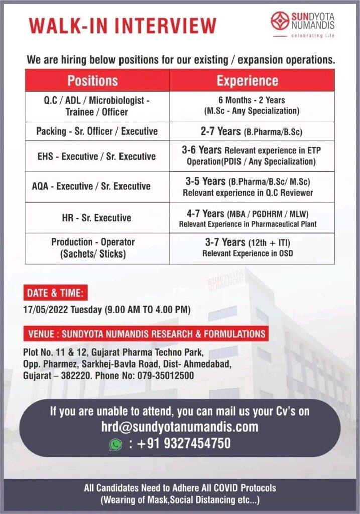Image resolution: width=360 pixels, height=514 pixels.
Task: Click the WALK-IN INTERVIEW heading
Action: point(123,26)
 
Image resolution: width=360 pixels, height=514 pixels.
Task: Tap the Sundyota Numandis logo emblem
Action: point(280,21)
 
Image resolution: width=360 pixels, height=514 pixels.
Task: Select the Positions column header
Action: point(93,80)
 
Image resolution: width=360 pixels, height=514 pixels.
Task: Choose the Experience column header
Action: point(247,80)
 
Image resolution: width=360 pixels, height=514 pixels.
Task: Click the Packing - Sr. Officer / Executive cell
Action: point(97,131)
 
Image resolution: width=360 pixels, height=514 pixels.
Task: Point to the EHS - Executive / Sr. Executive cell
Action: point(97,156)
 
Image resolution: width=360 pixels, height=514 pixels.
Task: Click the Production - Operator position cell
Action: point(93,248)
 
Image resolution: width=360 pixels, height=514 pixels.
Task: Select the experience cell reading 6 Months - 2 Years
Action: point(252,105)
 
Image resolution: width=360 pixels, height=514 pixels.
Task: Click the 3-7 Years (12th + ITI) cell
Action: point(248,248)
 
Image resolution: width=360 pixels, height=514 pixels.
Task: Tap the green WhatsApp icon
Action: point(116,444)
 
